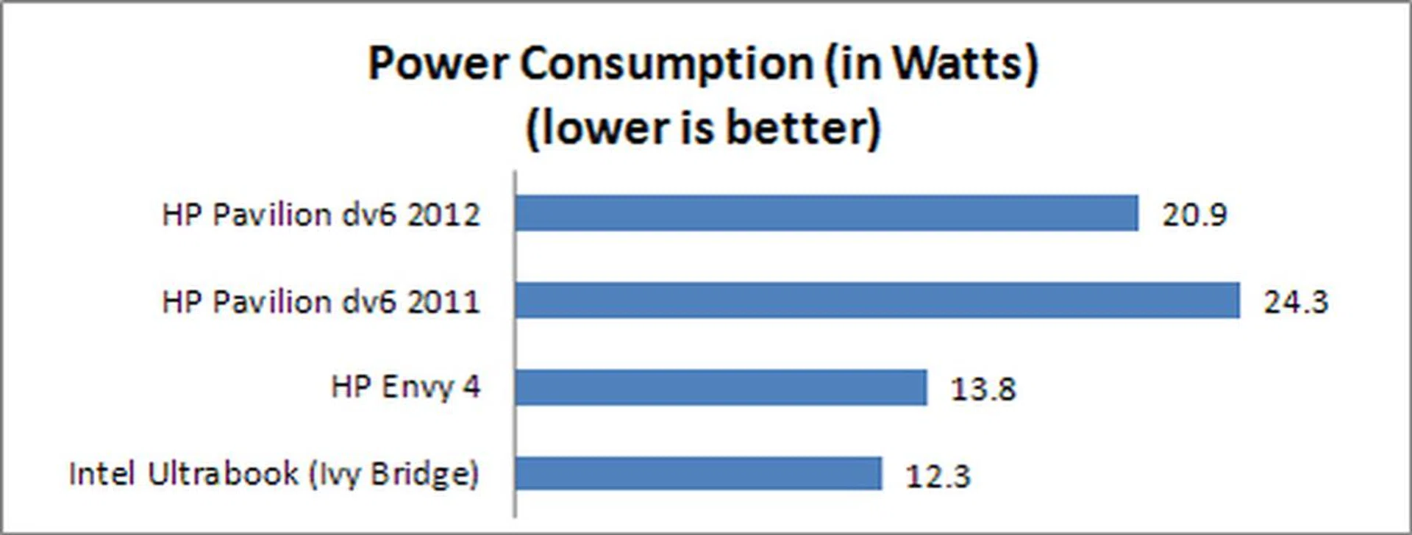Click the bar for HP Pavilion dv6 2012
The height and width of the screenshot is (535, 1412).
point(826,213)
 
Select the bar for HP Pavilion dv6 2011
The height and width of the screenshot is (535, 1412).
point(877,301)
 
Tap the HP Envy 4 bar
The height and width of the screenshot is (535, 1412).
point(721,387)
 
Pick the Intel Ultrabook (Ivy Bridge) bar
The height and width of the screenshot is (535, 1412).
point(698,473)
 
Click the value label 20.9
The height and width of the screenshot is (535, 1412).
point(1194,215)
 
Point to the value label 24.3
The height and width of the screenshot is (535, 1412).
point(1296,302)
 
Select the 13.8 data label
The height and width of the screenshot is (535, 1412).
point(983,389)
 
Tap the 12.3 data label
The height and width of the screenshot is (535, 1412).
point(938,475)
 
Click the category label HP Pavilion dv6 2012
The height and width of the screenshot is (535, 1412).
point(321,215)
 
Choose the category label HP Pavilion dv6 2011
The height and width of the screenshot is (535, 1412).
point(321,301)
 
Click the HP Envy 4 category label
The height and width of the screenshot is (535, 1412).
point(405,387)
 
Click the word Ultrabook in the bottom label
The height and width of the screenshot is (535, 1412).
point(223,473)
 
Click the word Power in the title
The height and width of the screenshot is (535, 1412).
point(438,63)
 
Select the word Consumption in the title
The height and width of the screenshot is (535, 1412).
point(666,63)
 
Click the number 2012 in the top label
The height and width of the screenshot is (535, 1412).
point(443,215)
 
